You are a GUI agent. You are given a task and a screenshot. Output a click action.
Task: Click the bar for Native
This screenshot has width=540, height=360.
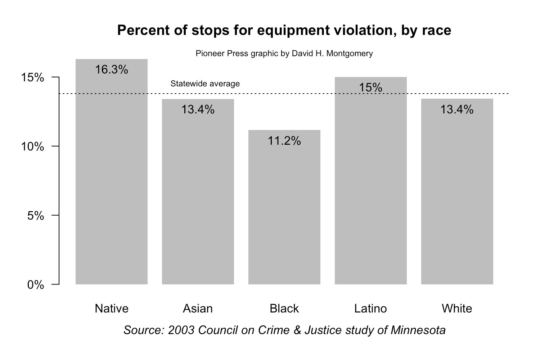click(112, 180)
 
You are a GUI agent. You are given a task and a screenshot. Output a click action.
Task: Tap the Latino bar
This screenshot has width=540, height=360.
click(371, 187)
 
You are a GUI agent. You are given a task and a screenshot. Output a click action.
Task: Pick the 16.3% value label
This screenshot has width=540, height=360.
click(112, 69)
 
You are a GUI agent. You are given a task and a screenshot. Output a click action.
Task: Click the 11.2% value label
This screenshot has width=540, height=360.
click(284, 141)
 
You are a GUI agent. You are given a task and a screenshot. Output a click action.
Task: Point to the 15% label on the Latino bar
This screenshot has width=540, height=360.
click(371, 87)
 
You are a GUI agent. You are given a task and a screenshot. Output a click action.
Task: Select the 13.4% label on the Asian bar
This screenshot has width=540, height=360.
click(198, 109)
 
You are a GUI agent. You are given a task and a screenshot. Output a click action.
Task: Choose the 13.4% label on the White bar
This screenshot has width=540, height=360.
click(457, 109)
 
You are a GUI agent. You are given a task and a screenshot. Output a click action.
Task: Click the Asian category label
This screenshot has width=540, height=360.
click(198, 309)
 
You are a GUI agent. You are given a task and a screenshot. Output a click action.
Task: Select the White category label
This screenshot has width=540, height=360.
click(457, 309)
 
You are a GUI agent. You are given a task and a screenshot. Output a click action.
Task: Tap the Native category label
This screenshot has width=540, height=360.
click(112, 309)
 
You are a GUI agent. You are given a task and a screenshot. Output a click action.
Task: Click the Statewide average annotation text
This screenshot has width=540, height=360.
click(205, 84)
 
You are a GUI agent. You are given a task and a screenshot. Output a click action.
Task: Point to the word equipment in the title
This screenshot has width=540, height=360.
click(286, 31)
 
